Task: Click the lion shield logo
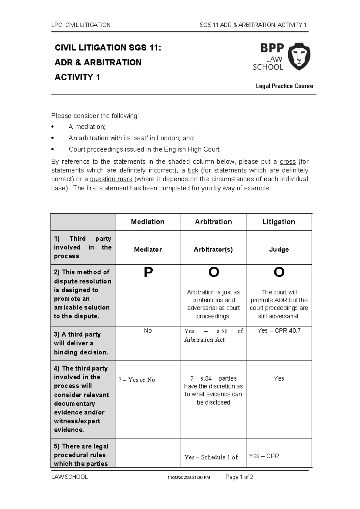click(x=299, y=56)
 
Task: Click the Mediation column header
click(x=148, y=222)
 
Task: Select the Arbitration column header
click(x=213, y=222)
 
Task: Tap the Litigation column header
click(x=279, y=222)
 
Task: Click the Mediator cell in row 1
click(x=148, y=249)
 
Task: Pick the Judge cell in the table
click(x=279, y=249)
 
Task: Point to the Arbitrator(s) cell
click(x=213, y=249)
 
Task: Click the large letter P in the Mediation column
click(x=148, y=273)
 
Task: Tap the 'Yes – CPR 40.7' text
click(x=279, y=331)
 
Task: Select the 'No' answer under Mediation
click(x=148, y=331)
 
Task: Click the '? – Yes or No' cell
click(x=137, y=380)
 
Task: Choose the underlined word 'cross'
click(x=288, y=162)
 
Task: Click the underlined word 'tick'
click(x=193, y=170)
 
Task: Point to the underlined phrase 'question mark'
click(x=111, y=179)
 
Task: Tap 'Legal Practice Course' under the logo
click(x=284, y=86)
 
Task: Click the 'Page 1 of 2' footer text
click(x=239, y=477)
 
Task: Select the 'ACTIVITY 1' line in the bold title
click(x=77, y=77)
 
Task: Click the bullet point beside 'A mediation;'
click(x=53, y=127)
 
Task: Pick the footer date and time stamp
click(x=189, y=477)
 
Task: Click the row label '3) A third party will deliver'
click(x=81, y=343)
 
